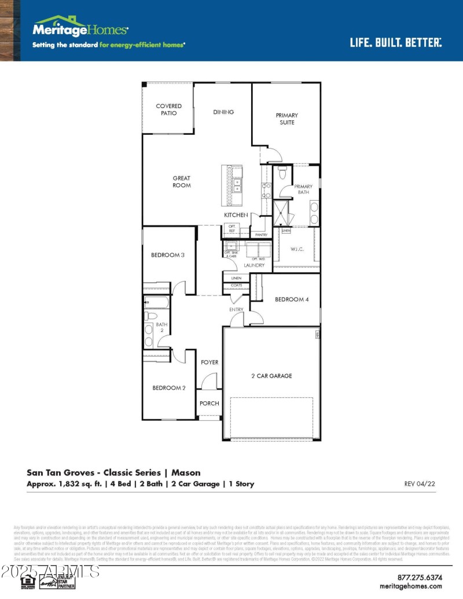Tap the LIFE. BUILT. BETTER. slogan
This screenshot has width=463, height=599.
(396, 42)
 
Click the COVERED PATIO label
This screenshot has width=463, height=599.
(168, 109)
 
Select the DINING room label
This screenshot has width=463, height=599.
(223, 112)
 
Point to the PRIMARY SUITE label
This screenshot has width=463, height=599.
(286, 119)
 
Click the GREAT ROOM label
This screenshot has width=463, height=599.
(181, 182)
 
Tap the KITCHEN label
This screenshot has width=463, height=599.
(236, 215)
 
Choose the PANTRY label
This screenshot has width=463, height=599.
(261, 235)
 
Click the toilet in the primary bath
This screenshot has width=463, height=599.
(282, 173)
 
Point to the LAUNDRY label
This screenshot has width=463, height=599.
(254, 265)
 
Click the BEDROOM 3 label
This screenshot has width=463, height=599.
(168, 255)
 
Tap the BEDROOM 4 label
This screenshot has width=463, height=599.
(292, 299)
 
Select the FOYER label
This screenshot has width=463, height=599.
(210, 362)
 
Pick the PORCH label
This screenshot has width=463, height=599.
(210, 403)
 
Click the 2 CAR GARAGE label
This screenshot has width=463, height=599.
(271, 376)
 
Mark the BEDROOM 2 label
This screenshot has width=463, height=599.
(168, 388)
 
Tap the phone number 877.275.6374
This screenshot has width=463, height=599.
(420, 577)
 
